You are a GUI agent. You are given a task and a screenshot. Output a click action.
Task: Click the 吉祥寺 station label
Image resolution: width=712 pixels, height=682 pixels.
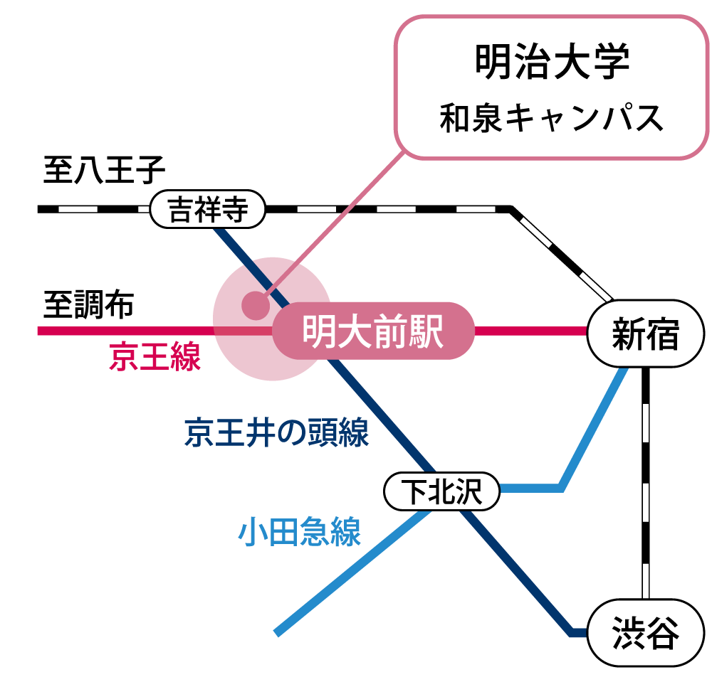point(208,210)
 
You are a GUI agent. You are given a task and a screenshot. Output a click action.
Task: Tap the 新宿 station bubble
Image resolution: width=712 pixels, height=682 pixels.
point(646,334)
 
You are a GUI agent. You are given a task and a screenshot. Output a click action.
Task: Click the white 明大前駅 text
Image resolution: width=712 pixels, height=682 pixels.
point(373,331)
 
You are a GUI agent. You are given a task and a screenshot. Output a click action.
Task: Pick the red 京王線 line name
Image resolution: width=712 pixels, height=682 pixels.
point(155,357)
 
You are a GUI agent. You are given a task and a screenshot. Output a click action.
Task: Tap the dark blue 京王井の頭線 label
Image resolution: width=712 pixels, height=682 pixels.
point(276,432)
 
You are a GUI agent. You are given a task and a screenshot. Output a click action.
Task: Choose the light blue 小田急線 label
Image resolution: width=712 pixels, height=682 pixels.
point(300,531)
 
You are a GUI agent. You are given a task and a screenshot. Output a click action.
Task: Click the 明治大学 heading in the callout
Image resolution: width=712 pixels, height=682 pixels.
point(552,63)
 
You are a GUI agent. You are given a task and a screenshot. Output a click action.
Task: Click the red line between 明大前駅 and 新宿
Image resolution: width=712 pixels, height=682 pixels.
point(530,331)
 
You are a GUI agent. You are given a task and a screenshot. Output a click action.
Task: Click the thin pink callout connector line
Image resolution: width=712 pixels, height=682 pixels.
point(349,206)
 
